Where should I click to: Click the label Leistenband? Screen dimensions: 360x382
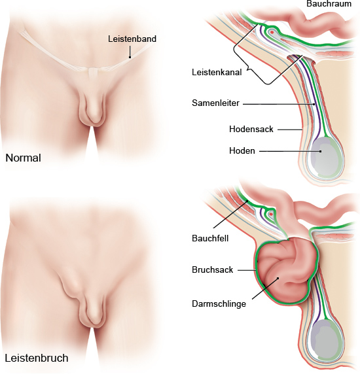132,39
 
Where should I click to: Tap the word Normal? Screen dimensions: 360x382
23,158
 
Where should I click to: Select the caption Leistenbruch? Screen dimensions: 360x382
37,358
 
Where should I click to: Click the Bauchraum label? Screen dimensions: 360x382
329,4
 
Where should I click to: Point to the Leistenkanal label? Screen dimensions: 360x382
217,72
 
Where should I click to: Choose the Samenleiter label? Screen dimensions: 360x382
215,103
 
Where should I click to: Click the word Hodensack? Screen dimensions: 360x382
251,129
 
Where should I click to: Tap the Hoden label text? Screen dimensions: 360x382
242,151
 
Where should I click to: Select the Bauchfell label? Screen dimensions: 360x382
210,238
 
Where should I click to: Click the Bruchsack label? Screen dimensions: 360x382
212,269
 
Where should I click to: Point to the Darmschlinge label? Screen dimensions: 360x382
219,304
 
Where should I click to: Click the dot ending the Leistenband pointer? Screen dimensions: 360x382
130,58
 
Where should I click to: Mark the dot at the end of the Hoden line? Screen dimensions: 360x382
321,151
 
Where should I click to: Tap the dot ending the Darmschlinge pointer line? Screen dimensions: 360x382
278,278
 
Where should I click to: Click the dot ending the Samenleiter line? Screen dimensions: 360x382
314,104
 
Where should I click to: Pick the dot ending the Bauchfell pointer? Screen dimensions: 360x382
247,201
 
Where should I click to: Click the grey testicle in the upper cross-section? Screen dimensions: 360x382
325,156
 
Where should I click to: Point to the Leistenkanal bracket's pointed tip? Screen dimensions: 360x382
247,70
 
